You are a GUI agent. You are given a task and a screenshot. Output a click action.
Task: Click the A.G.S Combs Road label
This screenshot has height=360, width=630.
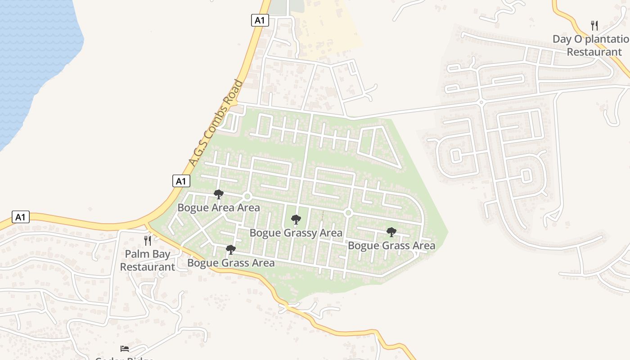(216, 123)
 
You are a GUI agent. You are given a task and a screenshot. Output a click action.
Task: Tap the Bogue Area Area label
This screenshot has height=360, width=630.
(219, 207)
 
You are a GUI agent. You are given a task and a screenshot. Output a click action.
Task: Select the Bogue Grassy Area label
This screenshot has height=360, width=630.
(296, 233)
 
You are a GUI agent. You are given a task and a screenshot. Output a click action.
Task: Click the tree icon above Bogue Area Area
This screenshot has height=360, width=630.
(219, 194)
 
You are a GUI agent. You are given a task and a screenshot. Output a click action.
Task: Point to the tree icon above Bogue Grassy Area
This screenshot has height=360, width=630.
(296, 220)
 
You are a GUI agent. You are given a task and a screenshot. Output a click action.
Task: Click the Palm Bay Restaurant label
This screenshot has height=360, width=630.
(148, 260)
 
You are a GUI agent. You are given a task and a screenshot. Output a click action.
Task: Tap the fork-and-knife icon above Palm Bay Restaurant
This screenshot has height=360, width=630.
(148, 240)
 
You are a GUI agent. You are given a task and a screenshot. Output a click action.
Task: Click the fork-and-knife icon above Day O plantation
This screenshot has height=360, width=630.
(594, 25)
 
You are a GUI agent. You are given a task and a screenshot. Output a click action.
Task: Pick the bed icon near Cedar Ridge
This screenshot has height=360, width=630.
(125, 348)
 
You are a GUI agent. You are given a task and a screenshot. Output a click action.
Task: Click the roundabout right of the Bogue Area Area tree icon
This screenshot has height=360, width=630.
(247, 197)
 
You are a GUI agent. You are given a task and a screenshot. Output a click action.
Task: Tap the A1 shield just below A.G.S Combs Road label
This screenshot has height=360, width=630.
(181, 181)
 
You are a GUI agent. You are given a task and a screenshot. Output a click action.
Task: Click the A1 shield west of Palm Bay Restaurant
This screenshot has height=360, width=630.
(20, 217)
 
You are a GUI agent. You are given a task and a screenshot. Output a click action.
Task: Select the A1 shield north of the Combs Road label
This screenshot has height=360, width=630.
(260, 20)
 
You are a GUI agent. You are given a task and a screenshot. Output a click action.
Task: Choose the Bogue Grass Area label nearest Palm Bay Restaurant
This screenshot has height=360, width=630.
(231, 263)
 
